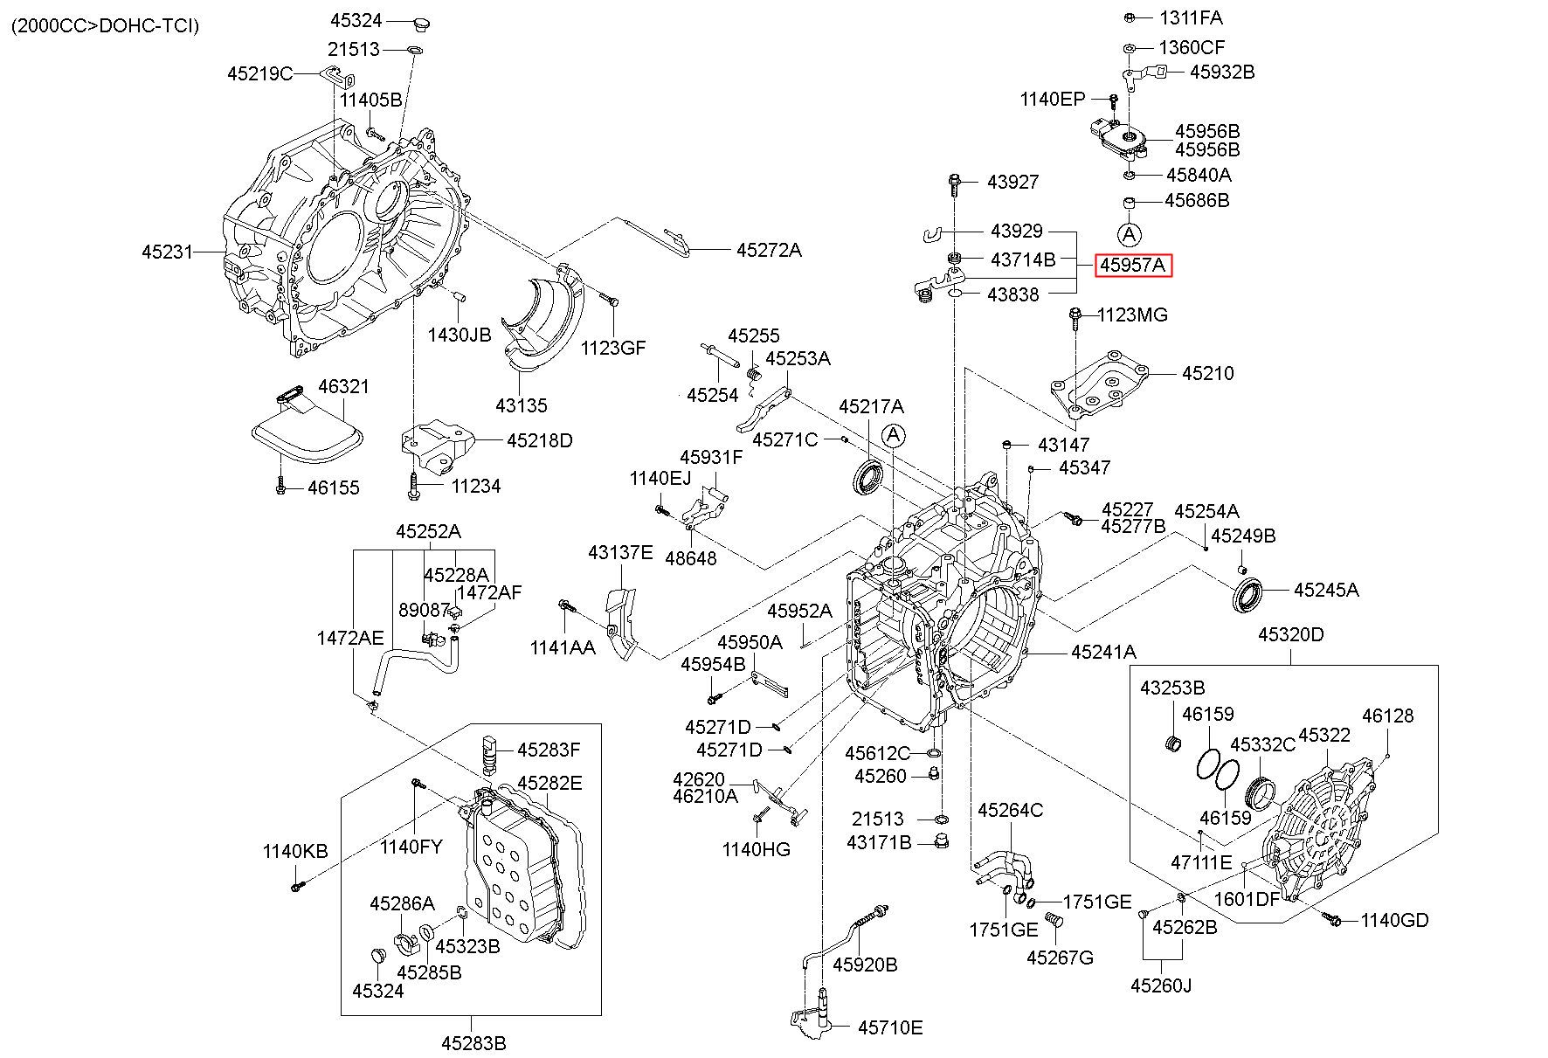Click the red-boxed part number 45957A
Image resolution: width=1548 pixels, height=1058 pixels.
coord(1132,264)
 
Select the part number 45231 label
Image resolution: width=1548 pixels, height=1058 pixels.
coord(166,252)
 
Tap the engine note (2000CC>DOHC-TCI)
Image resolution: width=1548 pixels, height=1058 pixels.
coord(105,26)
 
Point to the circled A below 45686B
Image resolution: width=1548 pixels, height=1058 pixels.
coord(1129,234)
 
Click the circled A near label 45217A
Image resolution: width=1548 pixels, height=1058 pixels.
coord(893,435)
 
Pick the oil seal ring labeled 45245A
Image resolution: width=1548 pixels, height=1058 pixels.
coord(1247,595)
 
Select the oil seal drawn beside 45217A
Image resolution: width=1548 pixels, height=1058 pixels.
coord(868,477)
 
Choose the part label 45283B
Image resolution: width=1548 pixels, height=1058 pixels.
coord(473,1042)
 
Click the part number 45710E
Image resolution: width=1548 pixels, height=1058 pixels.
coord(889,1027)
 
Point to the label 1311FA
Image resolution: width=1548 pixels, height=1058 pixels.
coord(1191,17)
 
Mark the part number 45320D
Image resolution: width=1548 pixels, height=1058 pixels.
coord(1290,634)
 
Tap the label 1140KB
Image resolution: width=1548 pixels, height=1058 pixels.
coord(295,850)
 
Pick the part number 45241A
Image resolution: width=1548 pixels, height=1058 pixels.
coord(1103,651)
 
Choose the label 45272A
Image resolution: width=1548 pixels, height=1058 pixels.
coord(768,250)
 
